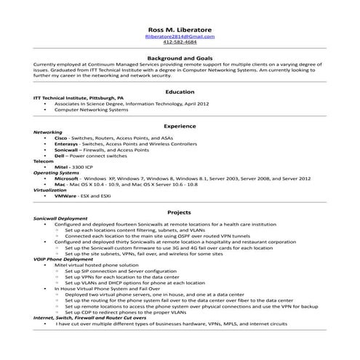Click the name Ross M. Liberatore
point(180,30)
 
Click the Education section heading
point(180,92)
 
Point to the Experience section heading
point(180,126)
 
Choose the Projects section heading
point(180,212)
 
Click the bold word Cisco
point(61,137)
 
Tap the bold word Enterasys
point(65,143)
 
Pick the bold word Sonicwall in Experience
point(67,149)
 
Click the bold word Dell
point(60,155)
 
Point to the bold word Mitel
point(61,167)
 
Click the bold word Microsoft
point(67,178)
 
